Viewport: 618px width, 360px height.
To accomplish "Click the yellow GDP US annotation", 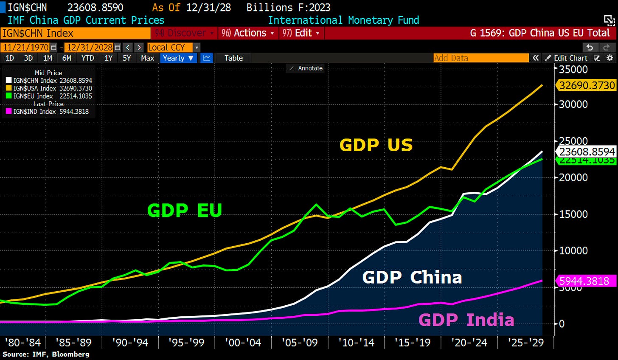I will coord(376,145).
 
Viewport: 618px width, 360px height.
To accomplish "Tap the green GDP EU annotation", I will coord(185,210).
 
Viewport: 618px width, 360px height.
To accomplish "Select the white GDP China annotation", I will coord(412,277).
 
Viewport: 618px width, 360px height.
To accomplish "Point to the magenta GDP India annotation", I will coord(466,320).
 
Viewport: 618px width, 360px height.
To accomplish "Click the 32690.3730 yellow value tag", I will coord(587,85).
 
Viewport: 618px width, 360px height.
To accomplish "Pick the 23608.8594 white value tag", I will coord(587,152).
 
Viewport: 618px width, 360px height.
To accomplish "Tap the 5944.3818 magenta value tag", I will coord(584,281).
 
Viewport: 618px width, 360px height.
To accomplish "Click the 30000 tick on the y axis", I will coord(573,104).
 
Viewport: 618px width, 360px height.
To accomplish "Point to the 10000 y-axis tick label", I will coord(573,250).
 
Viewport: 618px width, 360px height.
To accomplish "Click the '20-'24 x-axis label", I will coord(469,343).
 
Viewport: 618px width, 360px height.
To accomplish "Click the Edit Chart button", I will coord(567,58).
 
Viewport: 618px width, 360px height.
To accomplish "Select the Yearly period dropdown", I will coord(178,58).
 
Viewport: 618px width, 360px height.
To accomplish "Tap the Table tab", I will coord(233,58).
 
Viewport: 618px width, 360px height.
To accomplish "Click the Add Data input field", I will coord(480,58).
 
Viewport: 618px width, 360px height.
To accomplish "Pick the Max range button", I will coord(147,58).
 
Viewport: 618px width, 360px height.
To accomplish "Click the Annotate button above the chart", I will coord(306,68).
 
